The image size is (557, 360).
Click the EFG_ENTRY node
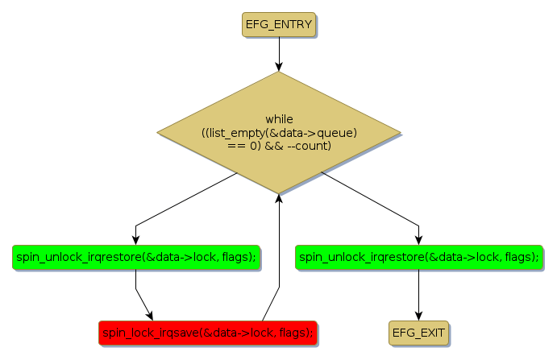[x=278, y=24]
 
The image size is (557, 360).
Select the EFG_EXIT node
[x=418, y=332]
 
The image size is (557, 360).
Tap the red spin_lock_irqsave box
[x=207, y=332]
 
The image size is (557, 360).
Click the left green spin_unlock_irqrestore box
[x=135, y=257]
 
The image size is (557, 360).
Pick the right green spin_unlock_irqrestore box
[x=418, y=257]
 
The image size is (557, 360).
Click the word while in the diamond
[x=279, y=119]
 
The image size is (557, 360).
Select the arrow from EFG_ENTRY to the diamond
[x=279, y=54]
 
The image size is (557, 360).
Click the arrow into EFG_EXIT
[x=418, y=295]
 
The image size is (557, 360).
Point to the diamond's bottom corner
[x=279, y=192]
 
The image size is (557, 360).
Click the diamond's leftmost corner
[x=158, y=132]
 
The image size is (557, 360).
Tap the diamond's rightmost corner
[x=400, y=132]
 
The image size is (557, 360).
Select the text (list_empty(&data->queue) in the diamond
[x=279, y=132]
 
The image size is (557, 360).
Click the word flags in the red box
[x=293, y=332]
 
